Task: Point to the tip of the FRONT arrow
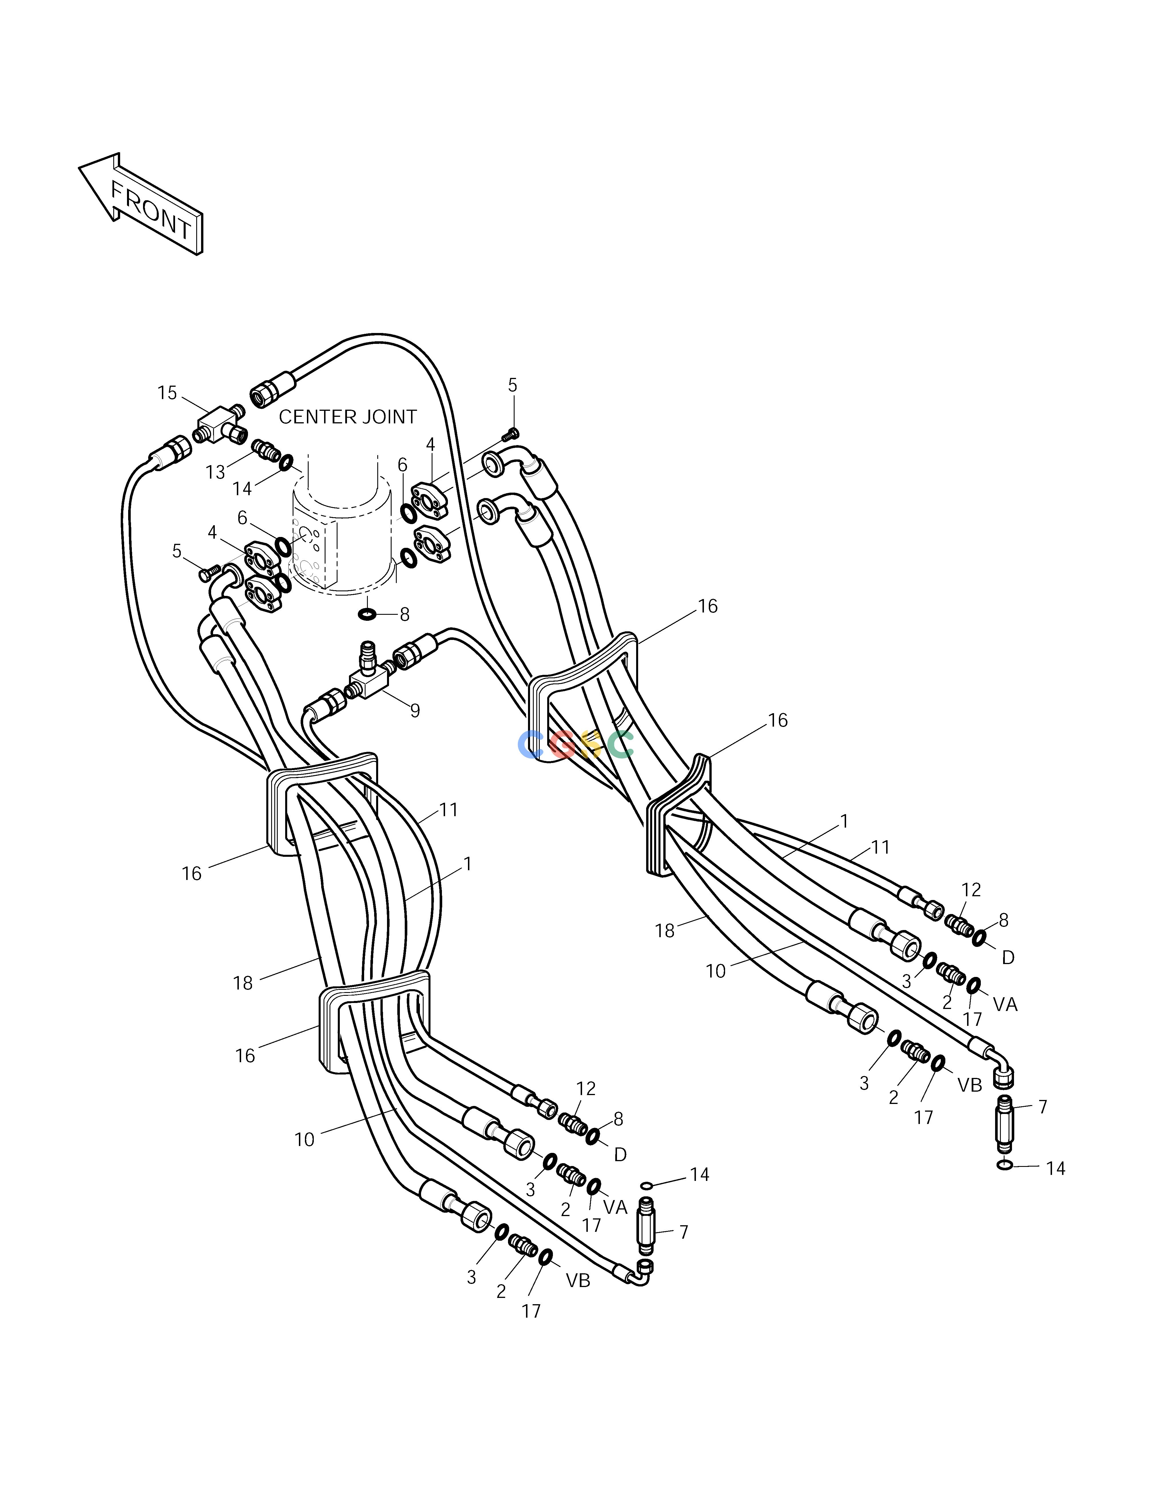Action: tap(79, 166)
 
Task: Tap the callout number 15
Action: tap(167, 393)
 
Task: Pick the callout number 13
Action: tap(215, 473)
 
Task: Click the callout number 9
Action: tap(414, 711)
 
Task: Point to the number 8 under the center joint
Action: tap(404, 615)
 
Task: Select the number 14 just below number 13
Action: tap(242, 489)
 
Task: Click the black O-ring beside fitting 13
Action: tap(286, 463)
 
